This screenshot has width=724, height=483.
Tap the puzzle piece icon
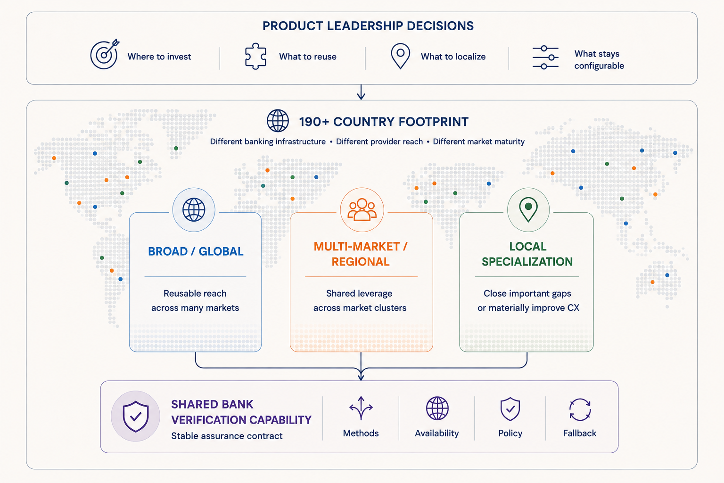click(255, 56)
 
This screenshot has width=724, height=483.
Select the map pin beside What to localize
click(401, 56)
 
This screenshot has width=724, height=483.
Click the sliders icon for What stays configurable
click(545, 57)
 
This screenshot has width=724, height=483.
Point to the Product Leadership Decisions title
click(368, 26)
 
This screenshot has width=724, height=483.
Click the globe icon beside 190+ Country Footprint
click(278, 121)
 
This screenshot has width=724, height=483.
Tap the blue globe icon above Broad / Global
click(194, 209)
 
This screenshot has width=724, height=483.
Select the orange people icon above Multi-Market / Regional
click(362, 209)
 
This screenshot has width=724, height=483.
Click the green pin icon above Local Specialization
click(528, 209)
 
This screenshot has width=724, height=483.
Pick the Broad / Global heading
click(196, 251)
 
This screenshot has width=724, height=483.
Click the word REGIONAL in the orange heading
click(361, 261)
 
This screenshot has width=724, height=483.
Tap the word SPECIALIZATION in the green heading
click(527, 261)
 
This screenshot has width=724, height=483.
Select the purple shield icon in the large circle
click(135, 416)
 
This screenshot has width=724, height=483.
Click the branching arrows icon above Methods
click(361, 408)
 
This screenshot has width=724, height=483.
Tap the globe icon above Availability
click(437, 408)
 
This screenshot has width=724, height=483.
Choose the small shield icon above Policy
click(510, 409)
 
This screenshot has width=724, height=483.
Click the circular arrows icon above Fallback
click(580, 409)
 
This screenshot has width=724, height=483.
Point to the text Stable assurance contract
click(227, 436)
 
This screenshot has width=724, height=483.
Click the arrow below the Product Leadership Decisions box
click(361, 92)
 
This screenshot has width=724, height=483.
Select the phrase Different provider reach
click(379, 142)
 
